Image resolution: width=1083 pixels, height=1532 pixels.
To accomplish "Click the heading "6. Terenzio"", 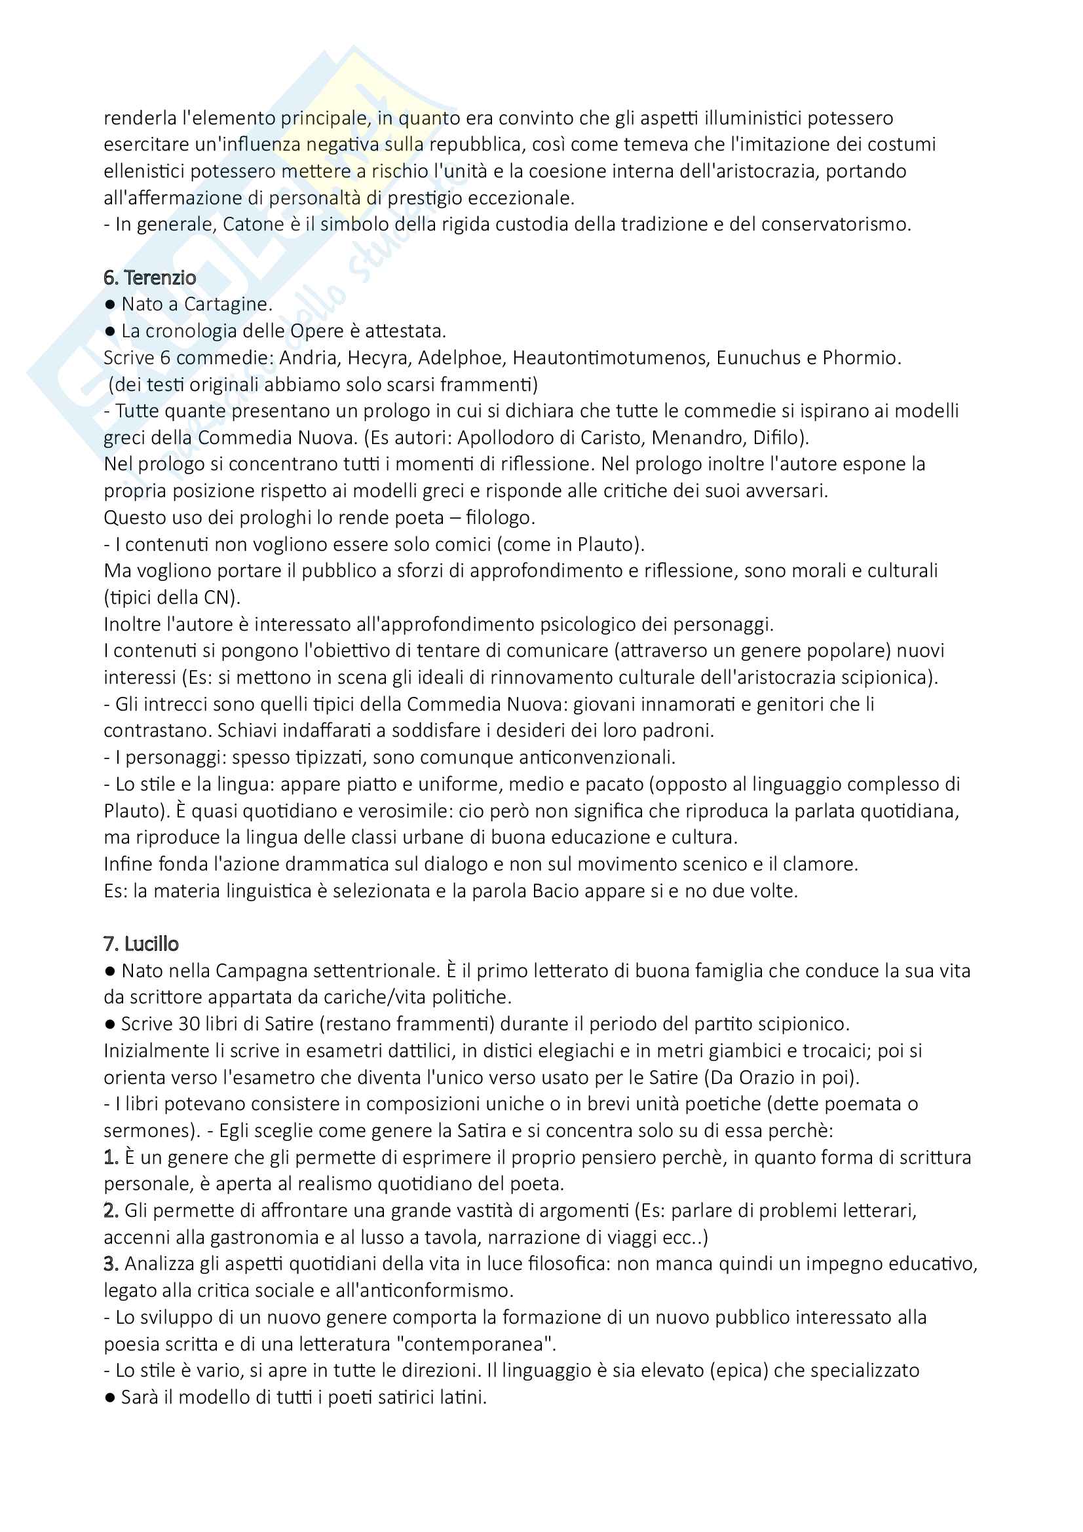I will pos(149,278).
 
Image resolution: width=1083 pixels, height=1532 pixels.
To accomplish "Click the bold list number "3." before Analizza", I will pos(111,1263).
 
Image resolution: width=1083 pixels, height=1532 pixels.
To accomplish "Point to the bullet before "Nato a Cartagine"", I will pos(110,305).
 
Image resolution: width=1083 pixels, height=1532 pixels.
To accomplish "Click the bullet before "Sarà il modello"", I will pos(110,1397).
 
